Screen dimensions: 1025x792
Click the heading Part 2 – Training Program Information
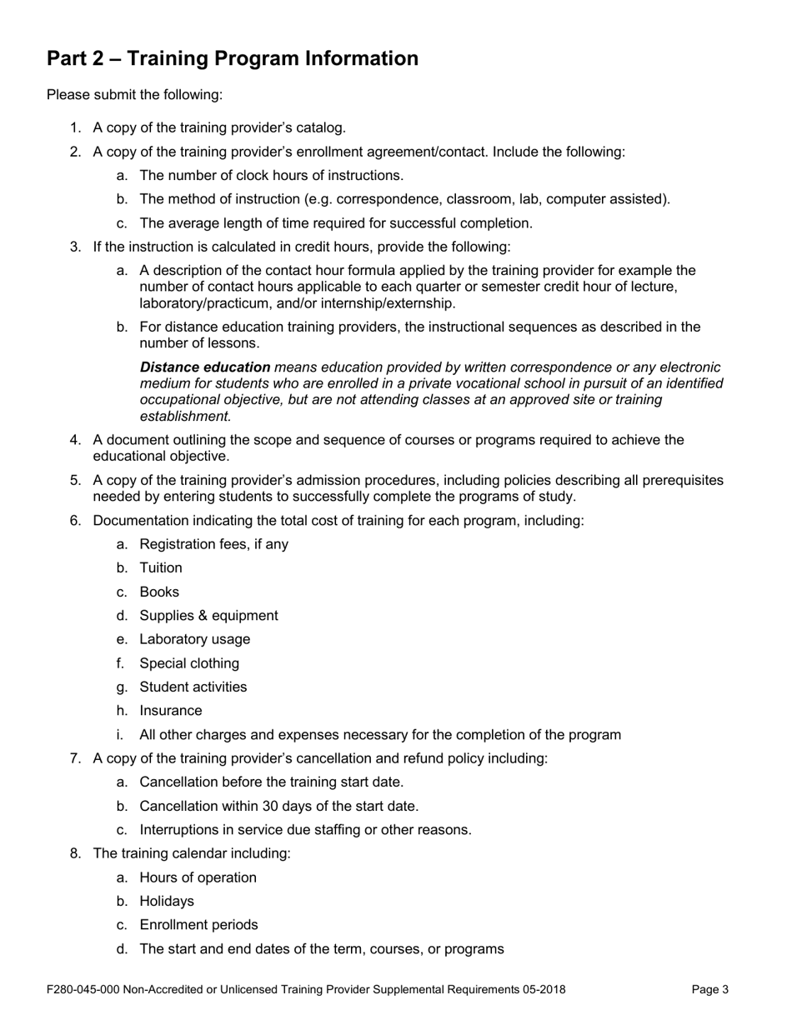click(x=233, y=59)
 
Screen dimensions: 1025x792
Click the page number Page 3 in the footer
click(x=710, y=990)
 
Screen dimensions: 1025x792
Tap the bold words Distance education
click(x=205, y=367)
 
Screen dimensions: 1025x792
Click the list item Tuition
click(x=161, y=568)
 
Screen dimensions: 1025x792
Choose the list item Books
click(x=159, y=592)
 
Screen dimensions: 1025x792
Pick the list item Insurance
click(x=171, y=712)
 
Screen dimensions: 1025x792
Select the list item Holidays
click(x=167, y=902)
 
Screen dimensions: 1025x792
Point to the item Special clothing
click(x=189, y=664)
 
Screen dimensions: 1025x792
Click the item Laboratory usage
click(x=194, y=640)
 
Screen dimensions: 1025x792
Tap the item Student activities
click(x=193, y=687)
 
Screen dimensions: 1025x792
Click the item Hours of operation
click(x=198, y=878)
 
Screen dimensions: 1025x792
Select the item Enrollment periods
click(x=198, y=926)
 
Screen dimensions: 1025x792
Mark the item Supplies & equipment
click(x=208, y=616)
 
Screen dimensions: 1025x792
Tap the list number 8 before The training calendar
click(x=75, y=854)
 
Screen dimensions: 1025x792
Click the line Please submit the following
click(x=135, y=95)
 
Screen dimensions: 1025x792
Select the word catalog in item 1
click(x=323, y=128)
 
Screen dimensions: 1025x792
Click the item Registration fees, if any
click(x=214, y=545)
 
